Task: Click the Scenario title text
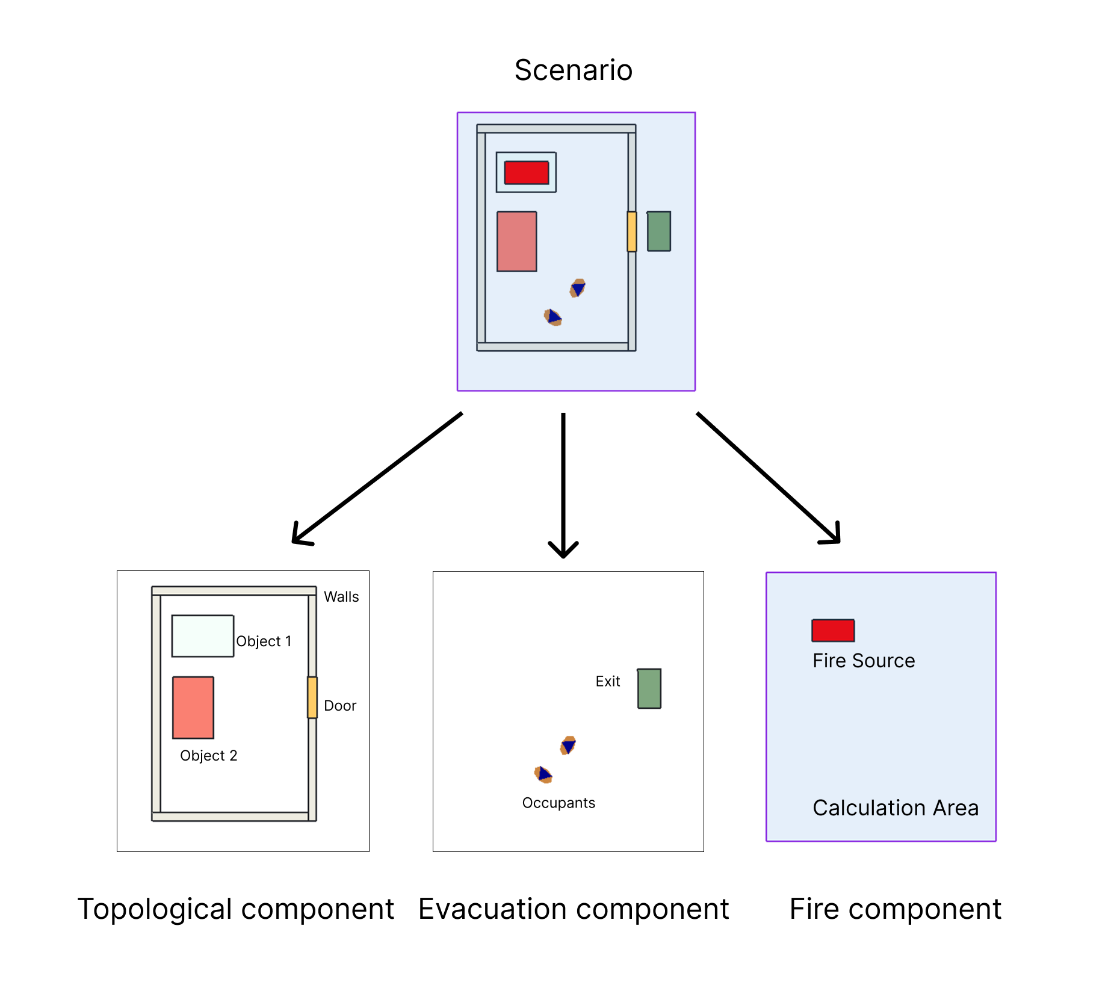pyautogui.click(x=573, y=70)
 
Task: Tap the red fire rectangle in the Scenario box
pyautogui.click(x=526, y=173)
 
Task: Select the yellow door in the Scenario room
pyautogui.click(x=631, y=232)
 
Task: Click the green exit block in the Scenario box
pyautogui.click(x=658, y=231)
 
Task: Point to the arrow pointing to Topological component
pyautogui.click(x=377, y=478)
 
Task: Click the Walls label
pyautogui.click(x=341, y=597)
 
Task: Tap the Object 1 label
pyautogui.click(x=264, y=641)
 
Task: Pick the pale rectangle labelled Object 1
pyautogui.click(x=202, y=636)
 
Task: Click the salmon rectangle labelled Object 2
pyautogui.click(x=193, y=708)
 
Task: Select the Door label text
pyautogui.click(x=340, y=706)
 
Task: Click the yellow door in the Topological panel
pyautogui.click(x=312, y=697)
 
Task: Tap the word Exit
pyautogui.click(x=607, y=682)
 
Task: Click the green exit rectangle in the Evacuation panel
pyautogui.click(x=649, y=688)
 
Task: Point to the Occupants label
pyautogui.click(x=559, y=803)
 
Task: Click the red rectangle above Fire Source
pyautogui.click(x=833, y=631)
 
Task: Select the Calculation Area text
pyautogui.click(x=895, y=808)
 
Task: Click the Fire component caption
pyautogui.click(x=895, y=909)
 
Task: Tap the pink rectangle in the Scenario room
pyautogui.click(x=516, y=241)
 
